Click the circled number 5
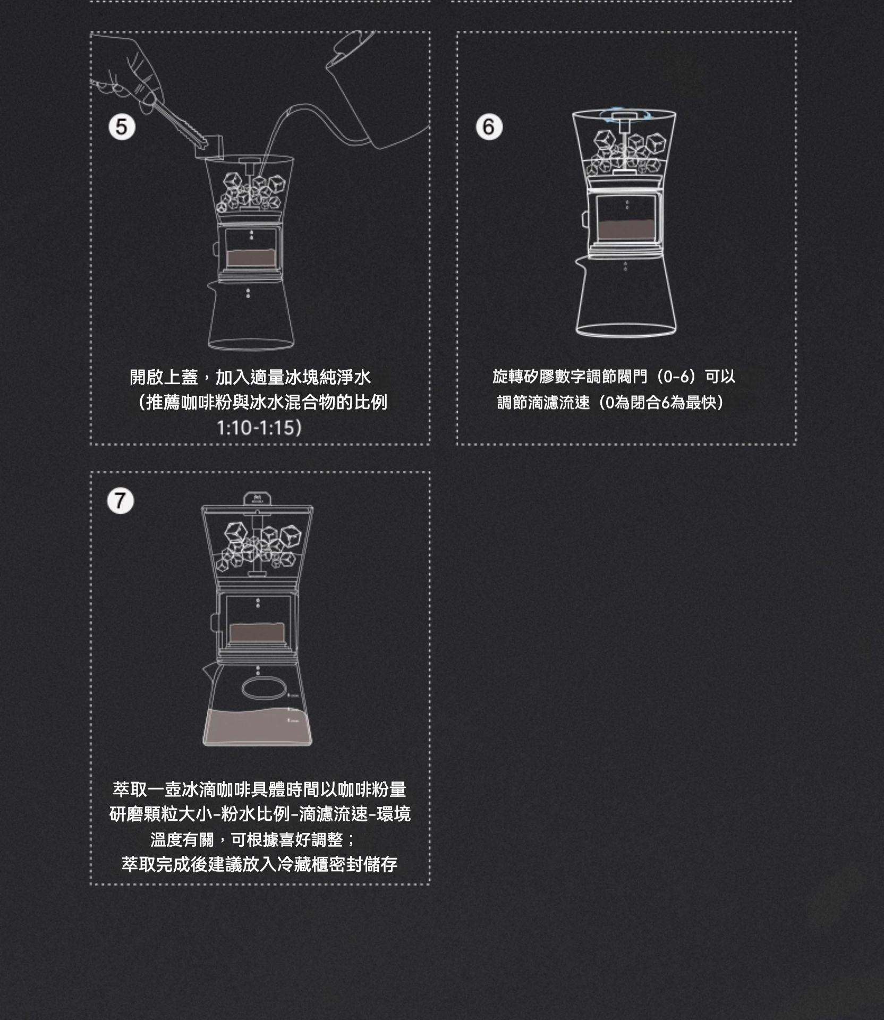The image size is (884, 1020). [x=122, y=127]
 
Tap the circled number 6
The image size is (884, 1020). [x=489, y=127]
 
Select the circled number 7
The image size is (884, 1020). [x=121, y=501]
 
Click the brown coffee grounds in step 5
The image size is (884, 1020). [x=250, y=258]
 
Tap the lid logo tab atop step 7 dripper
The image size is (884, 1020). [x=257, y=499]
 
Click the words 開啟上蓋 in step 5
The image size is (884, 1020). [x=164, y=378]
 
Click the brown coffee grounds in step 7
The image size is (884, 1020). [x=257, y=632]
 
